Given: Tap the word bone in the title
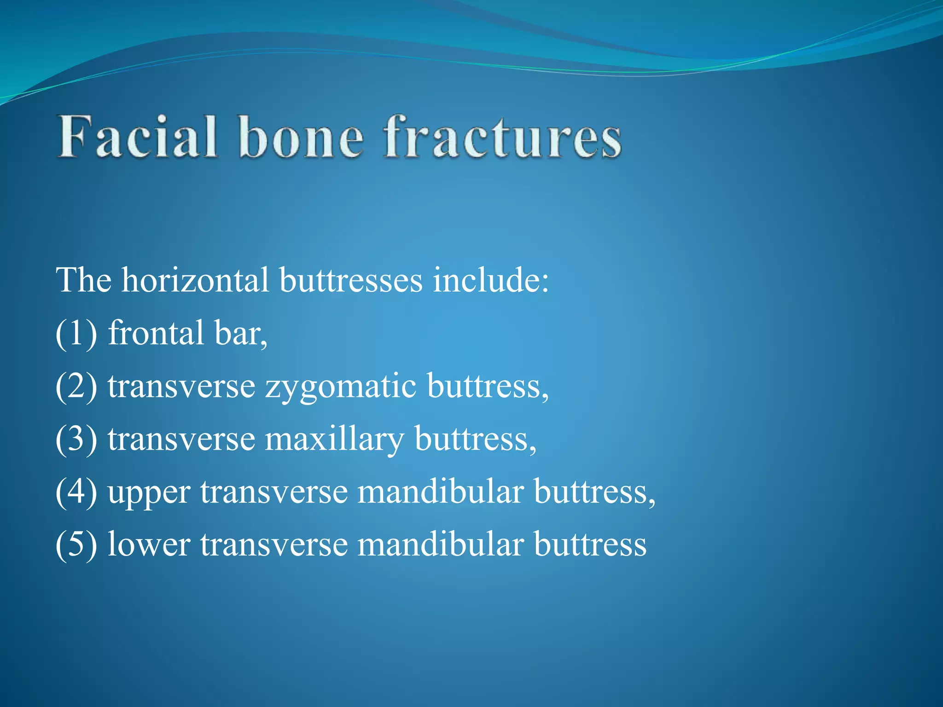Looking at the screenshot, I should tap(301, 137).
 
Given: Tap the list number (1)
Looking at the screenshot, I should tap(76, 333).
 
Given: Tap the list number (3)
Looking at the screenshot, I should tap(76, 439).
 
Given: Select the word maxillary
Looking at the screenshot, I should tap(334, 440).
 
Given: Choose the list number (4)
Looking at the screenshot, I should tap(76, 492).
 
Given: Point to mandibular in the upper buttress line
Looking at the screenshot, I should tap(440, 491).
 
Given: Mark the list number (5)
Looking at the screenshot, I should tap(76, 545).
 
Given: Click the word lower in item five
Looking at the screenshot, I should tap(149, 545).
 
